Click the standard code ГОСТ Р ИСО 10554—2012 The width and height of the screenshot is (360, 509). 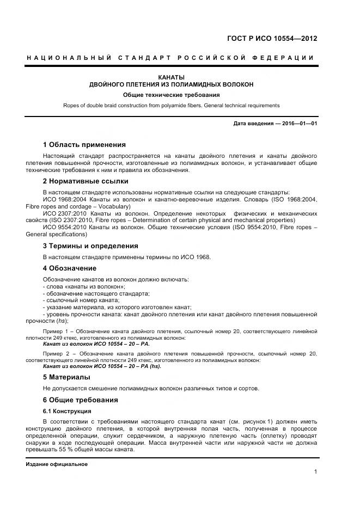(271, 39)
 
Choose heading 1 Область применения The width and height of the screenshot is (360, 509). (84, 145)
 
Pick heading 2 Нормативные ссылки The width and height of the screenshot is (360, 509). (86, 181)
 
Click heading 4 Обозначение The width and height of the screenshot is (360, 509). (69, 268)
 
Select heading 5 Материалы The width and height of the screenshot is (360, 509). (66, 377)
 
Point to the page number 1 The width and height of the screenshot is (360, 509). (315, 472)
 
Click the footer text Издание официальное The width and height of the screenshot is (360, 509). (57, 464)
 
